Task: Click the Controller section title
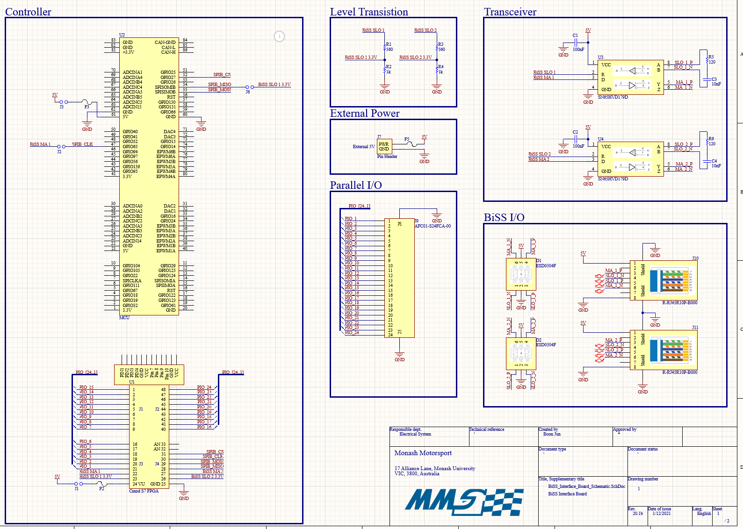tap(28, 12)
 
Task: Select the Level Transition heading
tap(369, 12)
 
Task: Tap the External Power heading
tap(365, 114)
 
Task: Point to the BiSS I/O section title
tap(504, 217)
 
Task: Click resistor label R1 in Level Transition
tap(389, 44)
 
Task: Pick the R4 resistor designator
tap(441, 67)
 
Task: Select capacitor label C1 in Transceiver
tap(575, 36)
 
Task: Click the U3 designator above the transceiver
tap(600, 57)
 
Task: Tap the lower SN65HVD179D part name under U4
tap(613, 179)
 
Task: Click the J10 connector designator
tap(695, 258)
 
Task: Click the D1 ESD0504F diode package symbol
tap(521, 274)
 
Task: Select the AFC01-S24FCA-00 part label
tap(433, 226)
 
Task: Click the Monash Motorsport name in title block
tap(423, 453)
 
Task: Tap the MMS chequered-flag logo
tap(463, 502)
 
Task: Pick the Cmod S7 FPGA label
tap(144, 491)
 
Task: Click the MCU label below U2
tap(124, 318)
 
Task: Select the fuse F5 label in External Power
tap(407, 139)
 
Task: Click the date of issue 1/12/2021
tap(662, 514)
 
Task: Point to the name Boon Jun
tap(552, 434)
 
